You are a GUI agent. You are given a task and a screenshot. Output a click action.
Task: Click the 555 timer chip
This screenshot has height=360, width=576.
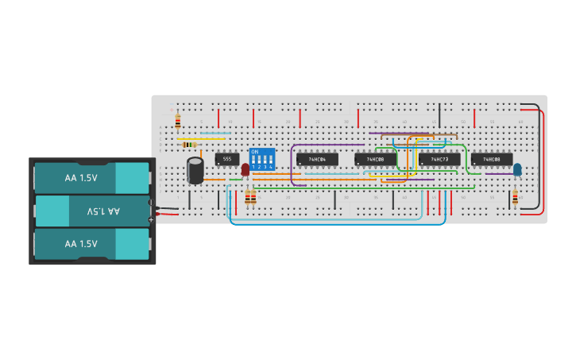tap(226, 159)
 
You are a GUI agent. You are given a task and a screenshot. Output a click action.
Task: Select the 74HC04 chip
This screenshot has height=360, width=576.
tap(316, 159)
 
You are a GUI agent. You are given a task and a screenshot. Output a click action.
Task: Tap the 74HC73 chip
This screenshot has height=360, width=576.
tap(439, 159)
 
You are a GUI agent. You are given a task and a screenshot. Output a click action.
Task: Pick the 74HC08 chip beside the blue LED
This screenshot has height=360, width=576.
tap(492, 159)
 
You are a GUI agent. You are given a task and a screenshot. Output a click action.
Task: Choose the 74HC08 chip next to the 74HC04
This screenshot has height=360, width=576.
tap(375, 159)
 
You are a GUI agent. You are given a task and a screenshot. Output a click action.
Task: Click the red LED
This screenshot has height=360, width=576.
tap(245, 168)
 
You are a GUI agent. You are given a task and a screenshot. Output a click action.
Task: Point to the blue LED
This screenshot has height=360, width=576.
tap(517, 168)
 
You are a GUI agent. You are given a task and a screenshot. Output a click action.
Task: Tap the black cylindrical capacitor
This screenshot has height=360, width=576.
tap(195, 170)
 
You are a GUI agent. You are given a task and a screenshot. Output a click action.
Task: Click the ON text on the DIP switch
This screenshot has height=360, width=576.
tap(255, 151)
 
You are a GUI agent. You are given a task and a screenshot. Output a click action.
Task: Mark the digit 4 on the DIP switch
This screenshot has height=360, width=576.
tap(272, 167)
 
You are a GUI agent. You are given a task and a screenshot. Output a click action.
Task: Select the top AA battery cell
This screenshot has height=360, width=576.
tap(91, 178)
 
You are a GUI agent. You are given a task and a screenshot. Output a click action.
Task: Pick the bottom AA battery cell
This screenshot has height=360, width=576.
tap(91, 244)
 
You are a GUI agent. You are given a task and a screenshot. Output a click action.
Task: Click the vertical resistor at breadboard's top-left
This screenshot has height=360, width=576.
tap(177, 122)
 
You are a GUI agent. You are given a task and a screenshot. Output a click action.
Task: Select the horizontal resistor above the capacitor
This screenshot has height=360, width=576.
tap(190, 144)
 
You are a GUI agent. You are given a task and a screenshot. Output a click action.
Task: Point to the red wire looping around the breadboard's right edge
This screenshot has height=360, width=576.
tap(543, 159)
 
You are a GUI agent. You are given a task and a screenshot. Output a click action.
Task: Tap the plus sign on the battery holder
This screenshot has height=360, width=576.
tap(151, 219)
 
